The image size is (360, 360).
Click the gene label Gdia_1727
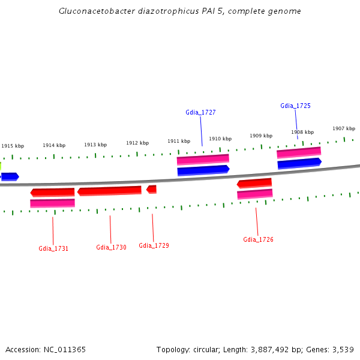point(200,112)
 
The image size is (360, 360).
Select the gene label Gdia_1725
point(295,106)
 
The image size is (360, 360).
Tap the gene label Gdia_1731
point(53,248)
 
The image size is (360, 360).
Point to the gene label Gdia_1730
point(111,247)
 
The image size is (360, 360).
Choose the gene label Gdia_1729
point(154,245)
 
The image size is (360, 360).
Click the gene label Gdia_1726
point(258,239)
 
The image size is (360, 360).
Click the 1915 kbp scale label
point(13,146)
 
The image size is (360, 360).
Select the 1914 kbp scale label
point(54,145)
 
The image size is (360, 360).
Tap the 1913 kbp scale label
point(95,145)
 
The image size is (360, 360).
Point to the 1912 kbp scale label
point(137,143)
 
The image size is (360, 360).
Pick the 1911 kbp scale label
point(179,141)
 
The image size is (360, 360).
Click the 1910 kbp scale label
point(220,139)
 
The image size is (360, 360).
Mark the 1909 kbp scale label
point(261,136)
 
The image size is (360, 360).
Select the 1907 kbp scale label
point(344,128)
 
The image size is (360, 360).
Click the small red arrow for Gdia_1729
point(152,189)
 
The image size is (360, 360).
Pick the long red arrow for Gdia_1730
point(109,191)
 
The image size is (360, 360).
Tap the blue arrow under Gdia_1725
point(299,163)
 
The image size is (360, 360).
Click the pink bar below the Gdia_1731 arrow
point(52,203)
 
